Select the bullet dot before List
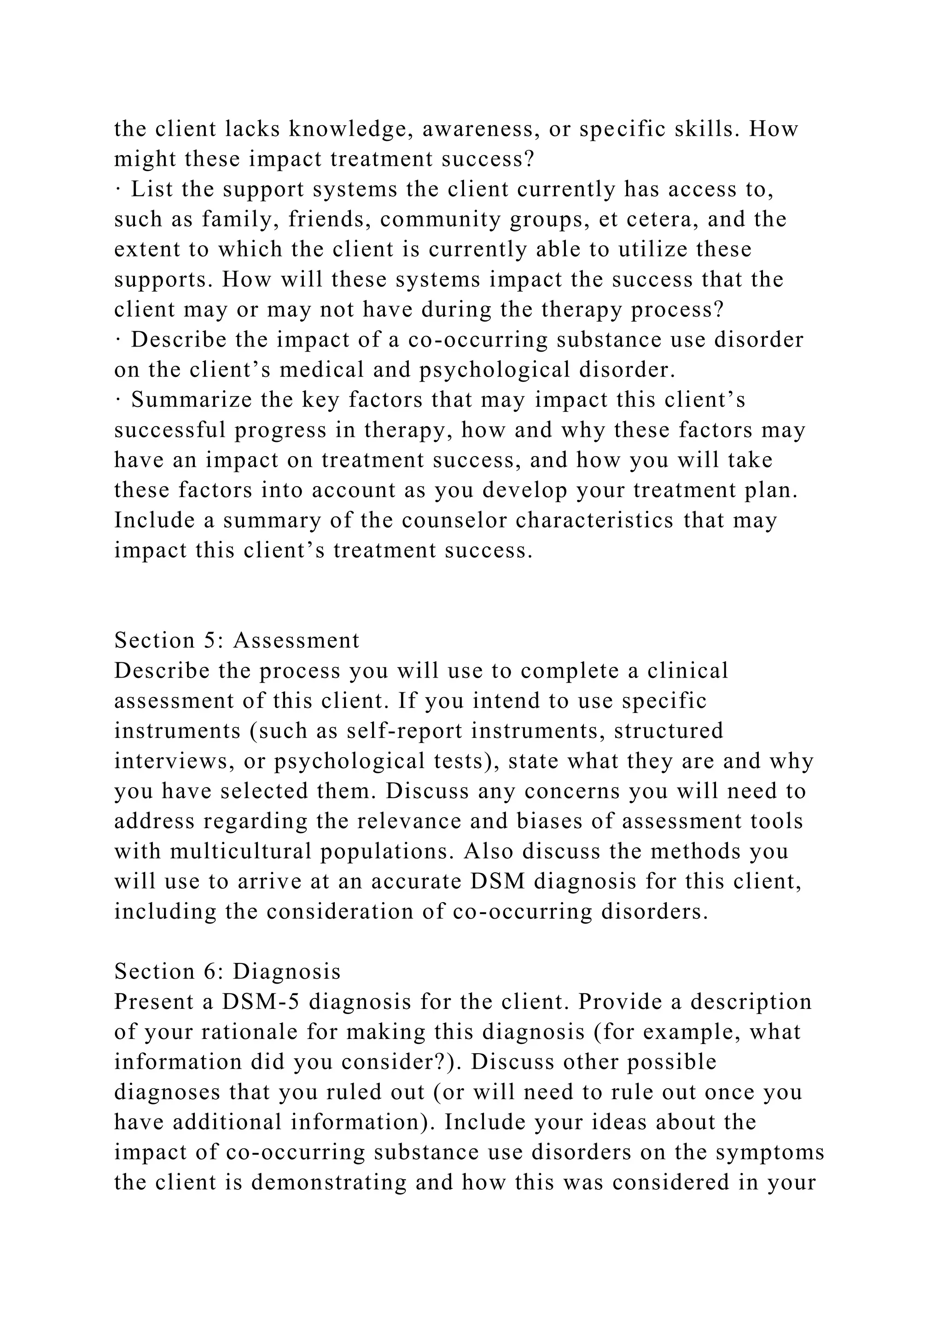click(x=118, y=189)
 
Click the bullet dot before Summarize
click(x=118, y=400)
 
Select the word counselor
click(x=454, y=520)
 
